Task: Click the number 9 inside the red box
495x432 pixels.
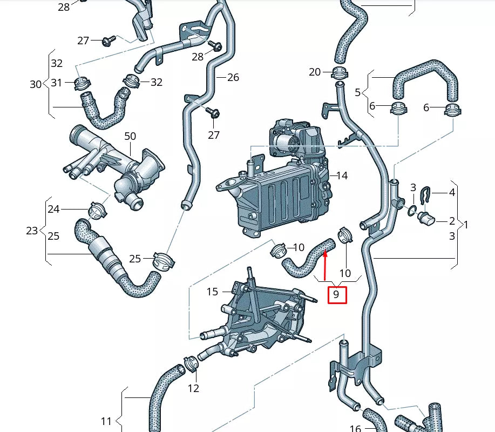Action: click(336, 294)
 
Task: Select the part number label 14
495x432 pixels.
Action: click(342, 175)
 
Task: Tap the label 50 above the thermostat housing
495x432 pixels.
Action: click(130, 136)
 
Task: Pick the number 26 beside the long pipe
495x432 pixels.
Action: click(233, 77)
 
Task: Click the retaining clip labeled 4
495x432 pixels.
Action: click(426, 193)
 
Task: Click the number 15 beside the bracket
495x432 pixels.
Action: click(212, 292)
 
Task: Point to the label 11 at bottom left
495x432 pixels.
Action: click(106, 421)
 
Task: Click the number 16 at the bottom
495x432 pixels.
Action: click(355, 428)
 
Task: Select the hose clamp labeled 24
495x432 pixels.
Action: click(96, 210)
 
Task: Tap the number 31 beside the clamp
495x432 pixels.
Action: click(57, 83)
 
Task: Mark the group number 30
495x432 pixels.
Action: click(36, 84)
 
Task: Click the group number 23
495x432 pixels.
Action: click(32, 231)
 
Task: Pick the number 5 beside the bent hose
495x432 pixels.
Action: click(357, 92)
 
